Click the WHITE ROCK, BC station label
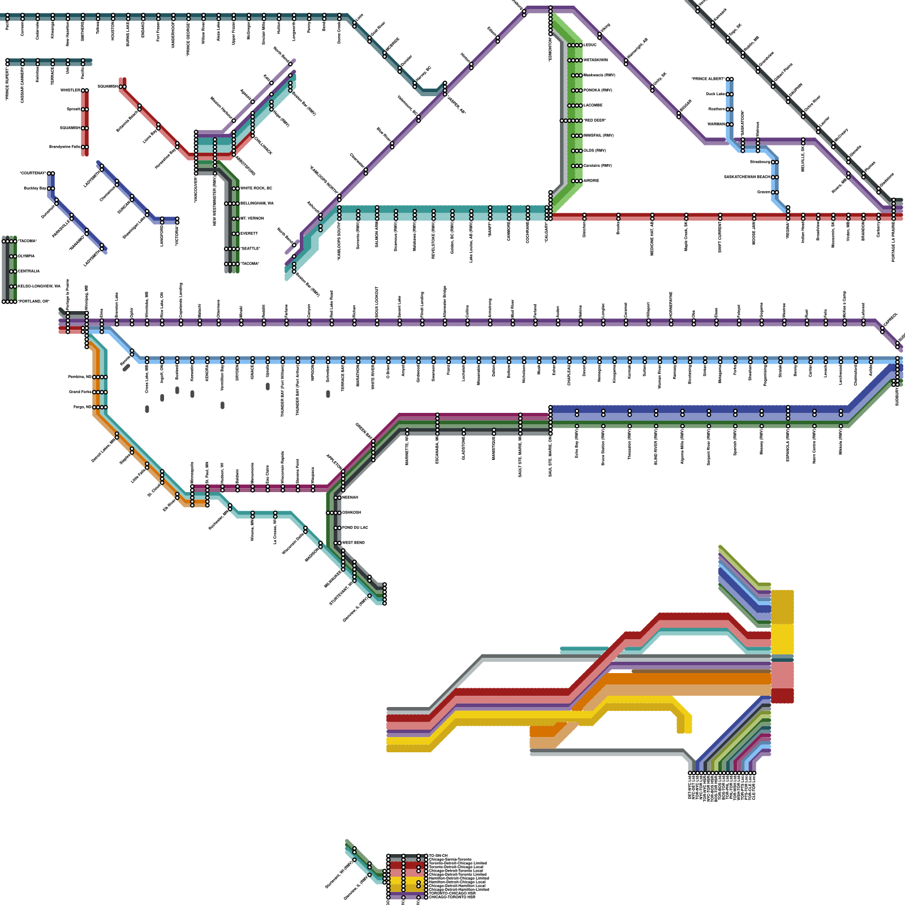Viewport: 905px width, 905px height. (x=256, y=188)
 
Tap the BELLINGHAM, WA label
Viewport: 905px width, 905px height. (x=257, y=203)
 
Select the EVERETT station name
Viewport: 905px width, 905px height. (x=249, y=234)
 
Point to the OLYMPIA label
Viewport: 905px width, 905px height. (x=26, y=256)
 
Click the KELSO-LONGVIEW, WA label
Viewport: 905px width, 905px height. (x=38, y=287)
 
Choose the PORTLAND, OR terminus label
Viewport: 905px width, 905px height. (x=33, y=301)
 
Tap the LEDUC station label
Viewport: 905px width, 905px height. (x=590, y=45)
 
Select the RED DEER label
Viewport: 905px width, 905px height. (x=595, y=120)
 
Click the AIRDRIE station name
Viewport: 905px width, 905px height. (x=591, y=181)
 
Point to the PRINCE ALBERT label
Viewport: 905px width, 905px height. (x=708, y=79)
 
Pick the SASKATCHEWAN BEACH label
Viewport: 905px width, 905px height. (x=747, y=177)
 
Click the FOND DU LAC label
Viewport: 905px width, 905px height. (x=355, y=528)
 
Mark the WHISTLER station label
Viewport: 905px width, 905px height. (x=71, y=90)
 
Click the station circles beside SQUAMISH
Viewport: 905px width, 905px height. (x=122, y=87)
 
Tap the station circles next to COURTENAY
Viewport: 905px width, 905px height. (x=51, y=174)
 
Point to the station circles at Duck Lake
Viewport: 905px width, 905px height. (x=730, y=94)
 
